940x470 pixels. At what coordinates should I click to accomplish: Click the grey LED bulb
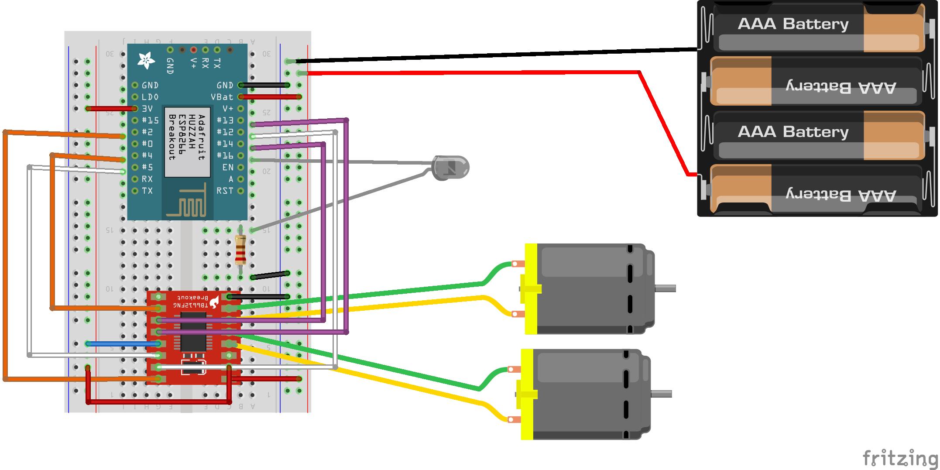pos(450,168)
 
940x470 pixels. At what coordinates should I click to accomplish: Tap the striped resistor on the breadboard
pos(240,250)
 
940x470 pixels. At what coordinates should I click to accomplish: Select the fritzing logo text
pos(900,458)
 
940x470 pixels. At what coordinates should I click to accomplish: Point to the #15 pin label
pos(151,120)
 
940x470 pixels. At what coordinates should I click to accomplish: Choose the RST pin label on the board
pos(225,191)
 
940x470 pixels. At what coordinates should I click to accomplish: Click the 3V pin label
pos(148,109)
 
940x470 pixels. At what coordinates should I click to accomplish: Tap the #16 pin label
pos(225,155)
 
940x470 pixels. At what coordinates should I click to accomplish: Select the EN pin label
pos(228,167)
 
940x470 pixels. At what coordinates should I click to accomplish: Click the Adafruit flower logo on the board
pos(146,61)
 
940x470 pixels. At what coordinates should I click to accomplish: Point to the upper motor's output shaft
pos(665,288)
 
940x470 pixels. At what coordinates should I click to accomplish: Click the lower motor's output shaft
pos(661,394)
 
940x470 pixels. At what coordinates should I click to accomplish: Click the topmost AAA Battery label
pos(793,24)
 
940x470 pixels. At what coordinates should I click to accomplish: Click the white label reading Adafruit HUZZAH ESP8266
pos(187,141)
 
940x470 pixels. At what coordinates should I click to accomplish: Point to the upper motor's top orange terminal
pos(518,264)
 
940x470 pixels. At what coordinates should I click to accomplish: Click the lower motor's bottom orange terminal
pos(514,420)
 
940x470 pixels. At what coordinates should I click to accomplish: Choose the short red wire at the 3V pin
pos(112,109)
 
